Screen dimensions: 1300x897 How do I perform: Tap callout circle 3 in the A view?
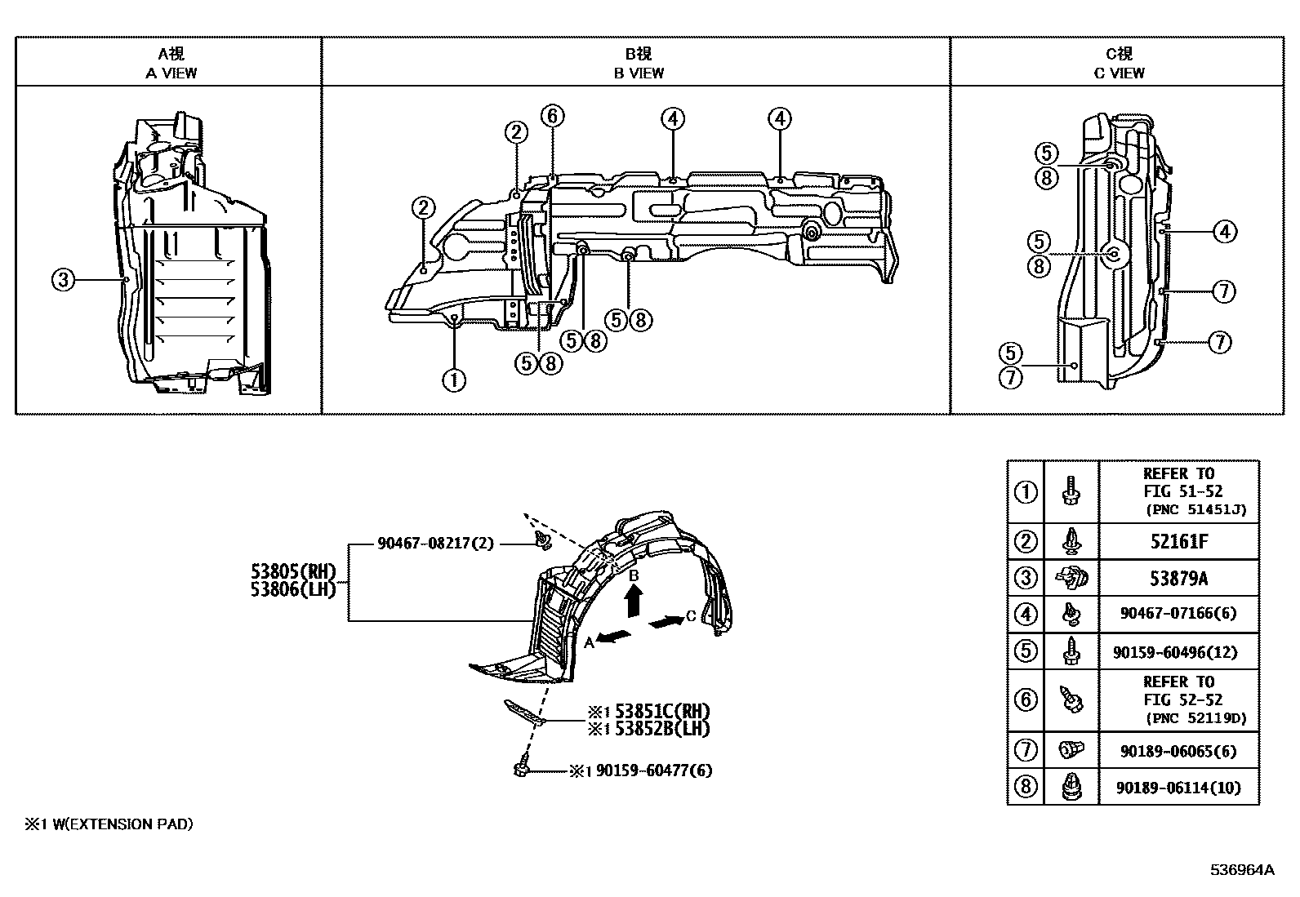pyautogui.click(x=63, y=280)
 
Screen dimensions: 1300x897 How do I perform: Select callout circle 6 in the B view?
pyautogui.click(x=552, y=116)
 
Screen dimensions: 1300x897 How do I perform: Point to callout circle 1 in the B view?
pyautogui.click(x=454, y=380)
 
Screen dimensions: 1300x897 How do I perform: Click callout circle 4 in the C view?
pyautogui.click(x=1225, y=232)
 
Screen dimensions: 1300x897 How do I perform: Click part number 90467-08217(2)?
pyautogui.click(x=435, y=544)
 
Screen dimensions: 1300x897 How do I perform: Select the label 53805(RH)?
pyautogui.click(x=293, y=571)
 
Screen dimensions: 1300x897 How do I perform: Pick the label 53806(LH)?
pyautogui.click(x=293, y=589)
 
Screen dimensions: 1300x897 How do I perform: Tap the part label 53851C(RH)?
pyautogui.click(x=662, y=712)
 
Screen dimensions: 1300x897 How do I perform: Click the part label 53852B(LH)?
pyautogui.click(x=662, y=729)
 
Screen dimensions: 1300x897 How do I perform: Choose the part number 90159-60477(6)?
pyautogui.click(x=654, y=770)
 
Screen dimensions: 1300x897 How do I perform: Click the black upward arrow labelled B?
pyautogui.click(x=634, y=601)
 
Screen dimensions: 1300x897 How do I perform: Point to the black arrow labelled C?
pyautogui.click(x=666, y=621)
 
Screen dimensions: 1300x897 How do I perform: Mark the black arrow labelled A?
pyautogui.click(x=614, y=637)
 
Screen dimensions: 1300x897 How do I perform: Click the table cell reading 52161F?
pyautogui.click(x=1178, y=542)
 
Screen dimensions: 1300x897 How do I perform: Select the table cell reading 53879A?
pyautogui.click(x=1178, y=579)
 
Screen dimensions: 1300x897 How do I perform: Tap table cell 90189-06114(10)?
pyautogui.click(x=1178, y=788)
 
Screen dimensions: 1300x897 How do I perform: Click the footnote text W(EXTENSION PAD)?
pyautogui.click(x=122, y=824)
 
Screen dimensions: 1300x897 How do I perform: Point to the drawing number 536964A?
pyautogui.click(x=1243, y=870)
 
